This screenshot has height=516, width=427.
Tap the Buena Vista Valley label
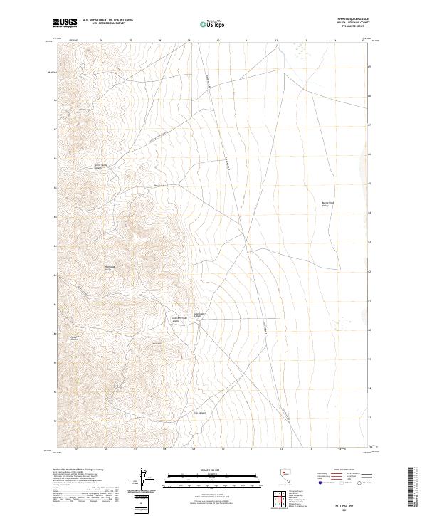click(328, 204)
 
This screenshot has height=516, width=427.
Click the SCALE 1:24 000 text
click(213, 468)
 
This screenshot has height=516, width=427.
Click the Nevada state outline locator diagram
click(283, 478)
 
